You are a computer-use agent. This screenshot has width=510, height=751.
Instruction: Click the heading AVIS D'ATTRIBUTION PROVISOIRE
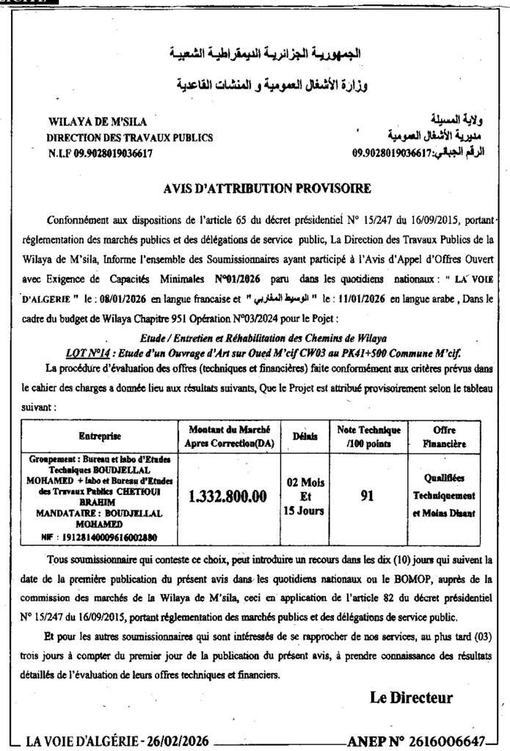click(x=269, y=188)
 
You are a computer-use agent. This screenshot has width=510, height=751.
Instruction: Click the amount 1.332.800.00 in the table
click(x=227, y=497)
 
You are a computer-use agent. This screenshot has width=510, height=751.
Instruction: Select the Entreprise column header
click(x=101, y=436)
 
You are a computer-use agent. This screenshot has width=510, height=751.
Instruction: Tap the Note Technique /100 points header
click(x=368, y=436)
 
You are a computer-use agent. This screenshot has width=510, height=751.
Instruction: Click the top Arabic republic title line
click(x=266, y=54)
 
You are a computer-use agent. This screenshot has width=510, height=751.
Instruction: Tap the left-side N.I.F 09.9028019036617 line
click(x=101, y=153)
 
